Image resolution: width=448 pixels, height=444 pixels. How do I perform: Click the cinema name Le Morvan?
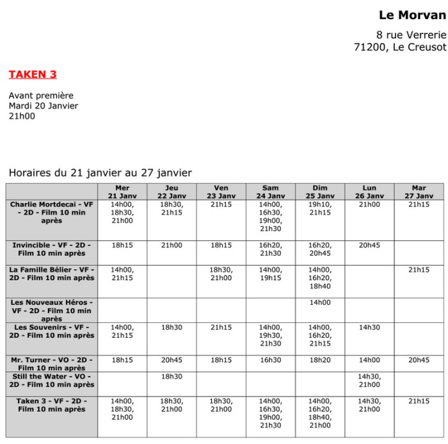pyautogui.click(x=412, y=15)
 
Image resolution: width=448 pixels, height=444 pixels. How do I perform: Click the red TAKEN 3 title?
pyautogui.click(x=33, y=74)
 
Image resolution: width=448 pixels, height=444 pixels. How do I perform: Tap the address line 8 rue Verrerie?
pyautogui.click(x=411, y=34)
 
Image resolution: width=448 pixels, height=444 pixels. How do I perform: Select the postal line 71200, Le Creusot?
pyautogui.click(x=400, y=47)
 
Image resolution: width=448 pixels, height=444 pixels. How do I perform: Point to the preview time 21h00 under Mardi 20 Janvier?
pyautogui.click(x=22, y=116)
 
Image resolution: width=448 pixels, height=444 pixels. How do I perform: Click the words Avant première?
pyautogui.click(x=41, y=95)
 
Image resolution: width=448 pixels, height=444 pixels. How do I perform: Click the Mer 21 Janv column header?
pyautogui.click(x=122, y=192)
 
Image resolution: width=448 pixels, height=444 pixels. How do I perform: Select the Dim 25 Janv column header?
pyautogui.click(x=320, y=192)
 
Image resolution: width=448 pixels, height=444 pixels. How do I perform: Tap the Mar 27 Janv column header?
pyautogui.click(x=419, y=192)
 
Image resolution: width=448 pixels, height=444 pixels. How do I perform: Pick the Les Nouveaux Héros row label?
pyautogui.click(x=52, y=310)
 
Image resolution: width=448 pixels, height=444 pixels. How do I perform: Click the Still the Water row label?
pyautogui.click(x=52, y=381)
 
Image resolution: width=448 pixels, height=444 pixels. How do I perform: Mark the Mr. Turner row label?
pyautogui.click(x=52, y=364)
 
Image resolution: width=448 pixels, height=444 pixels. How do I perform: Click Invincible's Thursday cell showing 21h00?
pyautogui.click(x=172, y=245)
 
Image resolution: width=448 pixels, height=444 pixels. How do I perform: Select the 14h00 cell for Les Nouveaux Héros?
pyautogui.click(x=320, y=302)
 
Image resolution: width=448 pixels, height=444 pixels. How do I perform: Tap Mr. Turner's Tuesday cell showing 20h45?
pyautogui.click(x=419, y=360)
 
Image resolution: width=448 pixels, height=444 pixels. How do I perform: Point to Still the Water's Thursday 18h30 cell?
pyautogui.click(x=172, y=377)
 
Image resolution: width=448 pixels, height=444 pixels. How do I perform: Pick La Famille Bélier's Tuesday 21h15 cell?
pyautogui.click(x=419, y=270)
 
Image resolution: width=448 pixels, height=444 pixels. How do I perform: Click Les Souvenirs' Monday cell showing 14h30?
pyautogui.click(x=369, y=327)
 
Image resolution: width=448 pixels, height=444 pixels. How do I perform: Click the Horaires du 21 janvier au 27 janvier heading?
pyautogui.click(x=100, y=172)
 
